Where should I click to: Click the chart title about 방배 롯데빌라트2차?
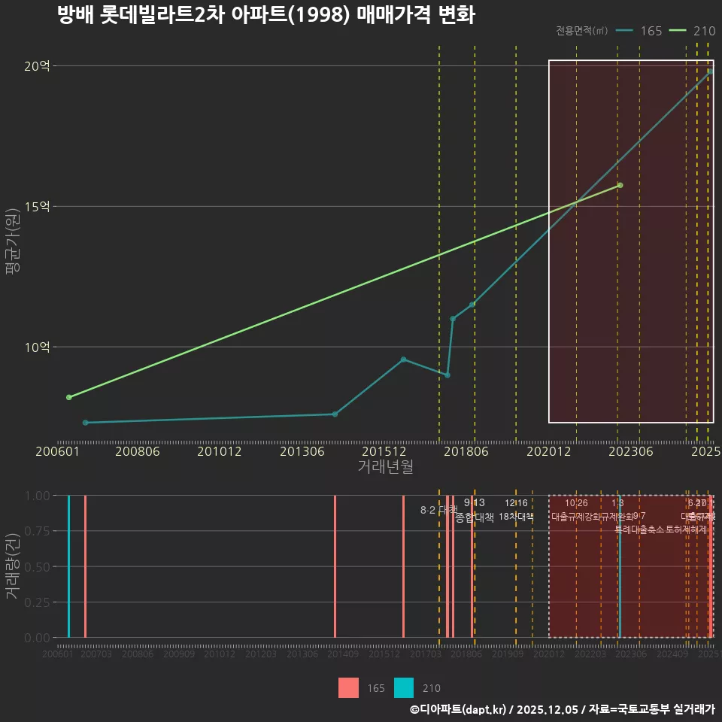point(266,15)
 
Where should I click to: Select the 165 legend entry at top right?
point(639,31)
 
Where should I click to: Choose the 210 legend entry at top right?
point(693,31)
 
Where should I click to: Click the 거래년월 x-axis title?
point(385,467)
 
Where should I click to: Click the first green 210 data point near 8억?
point(69,397)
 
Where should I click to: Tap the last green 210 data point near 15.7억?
point(620,185)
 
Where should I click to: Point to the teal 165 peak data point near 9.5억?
point(403,359)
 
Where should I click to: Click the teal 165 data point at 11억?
point(453,319)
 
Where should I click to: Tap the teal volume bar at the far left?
point(68,566)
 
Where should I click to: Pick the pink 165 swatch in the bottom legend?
point(348,687)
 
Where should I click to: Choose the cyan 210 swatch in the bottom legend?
point(404,687)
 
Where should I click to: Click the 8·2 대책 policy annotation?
point(438,510)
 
